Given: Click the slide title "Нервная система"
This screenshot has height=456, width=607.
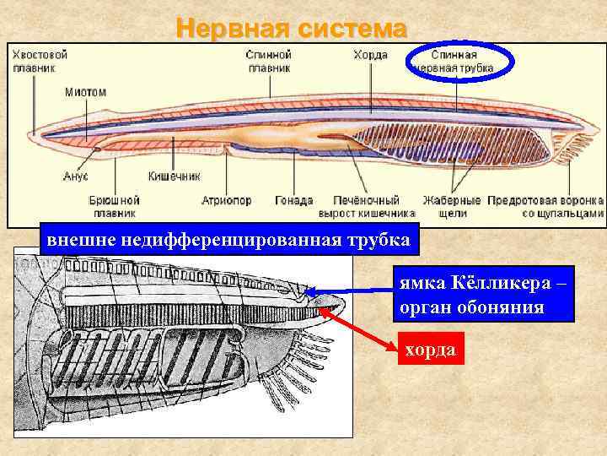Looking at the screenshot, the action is (x=292, y=28).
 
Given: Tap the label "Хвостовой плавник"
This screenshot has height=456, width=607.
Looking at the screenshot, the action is (x=40, y=60).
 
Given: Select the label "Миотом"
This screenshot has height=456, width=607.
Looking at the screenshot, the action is (x=85, y=91).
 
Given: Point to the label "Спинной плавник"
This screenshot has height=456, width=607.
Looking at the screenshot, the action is (x=268, y=60).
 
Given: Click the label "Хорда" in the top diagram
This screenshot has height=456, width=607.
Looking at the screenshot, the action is (x=372, y=54).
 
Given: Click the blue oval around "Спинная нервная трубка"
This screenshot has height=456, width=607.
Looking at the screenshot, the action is (x=459, y=61).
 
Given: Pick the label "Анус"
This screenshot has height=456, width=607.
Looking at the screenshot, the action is (x=76, y=176).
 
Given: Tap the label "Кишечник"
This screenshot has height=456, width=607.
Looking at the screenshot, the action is (x=174, y=176).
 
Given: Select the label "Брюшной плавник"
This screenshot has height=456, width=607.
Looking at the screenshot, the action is (x=114, y=207).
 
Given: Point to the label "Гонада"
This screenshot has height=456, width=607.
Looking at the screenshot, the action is (x=294, y=201).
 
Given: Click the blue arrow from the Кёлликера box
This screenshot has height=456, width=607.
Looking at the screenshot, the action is (x=354, y=292).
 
